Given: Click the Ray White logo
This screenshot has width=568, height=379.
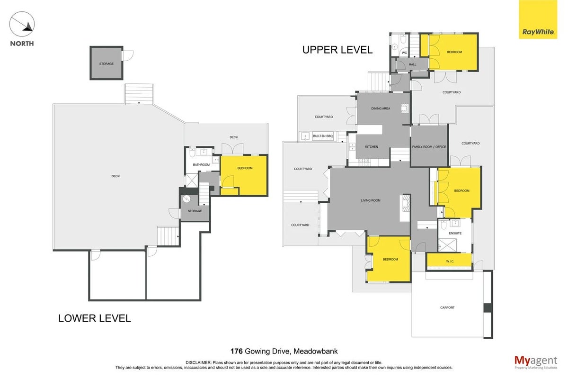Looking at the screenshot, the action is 538,19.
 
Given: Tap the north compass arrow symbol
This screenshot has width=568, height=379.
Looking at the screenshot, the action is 22,24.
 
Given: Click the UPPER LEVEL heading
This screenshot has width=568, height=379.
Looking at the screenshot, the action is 337,50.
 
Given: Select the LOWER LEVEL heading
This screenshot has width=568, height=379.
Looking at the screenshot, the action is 95,318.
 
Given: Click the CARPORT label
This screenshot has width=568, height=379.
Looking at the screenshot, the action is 447,307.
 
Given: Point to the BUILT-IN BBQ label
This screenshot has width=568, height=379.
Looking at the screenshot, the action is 322,136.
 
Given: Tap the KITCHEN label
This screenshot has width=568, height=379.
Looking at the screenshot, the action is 372,147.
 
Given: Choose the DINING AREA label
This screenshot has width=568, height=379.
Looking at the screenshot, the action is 381,108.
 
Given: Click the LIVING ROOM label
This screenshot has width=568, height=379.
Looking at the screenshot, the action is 371,200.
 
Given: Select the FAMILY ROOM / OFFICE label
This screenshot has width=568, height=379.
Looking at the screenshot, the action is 429,147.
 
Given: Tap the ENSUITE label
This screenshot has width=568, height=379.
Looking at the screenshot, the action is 455,233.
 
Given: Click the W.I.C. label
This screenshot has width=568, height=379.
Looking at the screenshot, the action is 450,261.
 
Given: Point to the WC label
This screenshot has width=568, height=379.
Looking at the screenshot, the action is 404,53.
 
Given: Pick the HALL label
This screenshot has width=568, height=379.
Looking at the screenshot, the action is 413,64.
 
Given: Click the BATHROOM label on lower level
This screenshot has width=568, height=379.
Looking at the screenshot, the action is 201,165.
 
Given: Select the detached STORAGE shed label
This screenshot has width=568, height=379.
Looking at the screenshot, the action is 106,63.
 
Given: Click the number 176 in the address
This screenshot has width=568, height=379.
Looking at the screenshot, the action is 237,352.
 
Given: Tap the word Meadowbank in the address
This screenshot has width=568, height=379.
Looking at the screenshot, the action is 315,352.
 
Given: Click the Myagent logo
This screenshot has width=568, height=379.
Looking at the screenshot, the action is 536,362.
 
